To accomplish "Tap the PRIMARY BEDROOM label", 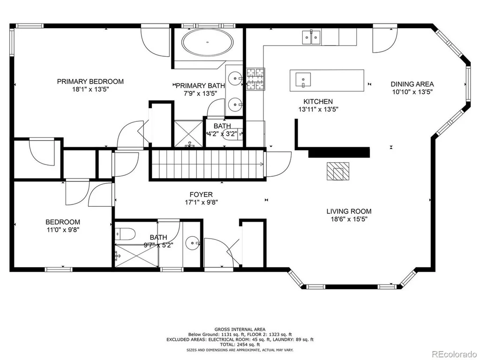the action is [90, 82].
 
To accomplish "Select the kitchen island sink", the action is [303, 80].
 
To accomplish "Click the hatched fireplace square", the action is [337, 171].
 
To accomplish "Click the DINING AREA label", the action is [412, 84].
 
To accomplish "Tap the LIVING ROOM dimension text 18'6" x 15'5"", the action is [349, 219].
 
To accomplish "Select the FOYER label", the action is [201, 195].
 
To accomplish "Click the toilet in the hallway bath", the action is [126, 234].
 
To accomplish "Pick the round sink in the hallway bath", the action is [193, 244].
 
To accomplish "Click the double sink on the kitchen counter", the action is [311, 37].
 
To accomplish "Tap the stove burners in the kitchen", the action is [255, 79].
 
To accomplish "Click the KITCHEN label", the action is [318, 101].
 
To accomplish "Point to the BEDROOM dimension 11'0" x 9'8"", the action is [63, 230].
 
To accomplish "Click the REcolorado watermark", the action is [454, 354].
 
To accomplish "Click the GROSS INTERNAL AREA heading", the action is [240, 330].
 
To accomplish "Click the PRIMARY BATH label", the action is [200, 86].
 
